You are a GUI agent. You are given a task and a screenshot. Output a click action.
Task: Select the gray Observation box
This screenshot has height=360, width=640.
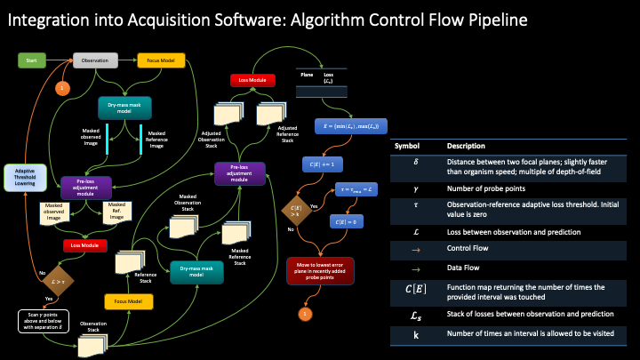(x=95, y=60)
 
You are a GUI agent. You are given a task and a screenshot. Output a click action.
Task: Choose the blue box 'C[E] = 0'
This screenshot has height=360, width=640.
(x=349, y=220)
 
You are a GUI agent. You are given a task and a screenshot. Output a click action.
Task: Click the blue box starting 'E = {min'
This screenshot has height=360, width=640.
(x=348, y=126)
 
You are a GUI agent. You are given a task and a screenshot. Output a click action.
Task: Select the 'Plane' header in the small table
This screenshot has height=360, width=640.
(x=307, y=74)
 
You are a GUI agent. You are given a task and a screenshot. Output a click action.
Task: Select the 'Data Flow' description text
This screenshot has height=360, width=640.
(x=464, y=268)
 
